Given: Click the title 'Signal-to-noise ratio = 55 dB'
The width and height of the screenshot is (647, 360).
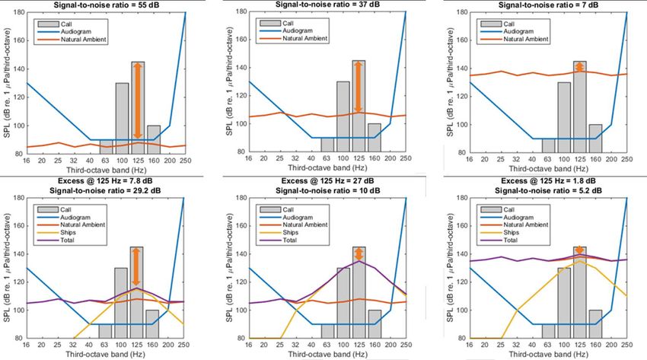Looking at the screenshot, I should [106, 5].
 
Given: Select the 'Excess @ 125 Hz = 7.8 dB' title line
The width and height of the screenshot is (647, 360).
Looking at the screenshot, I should [106, 180].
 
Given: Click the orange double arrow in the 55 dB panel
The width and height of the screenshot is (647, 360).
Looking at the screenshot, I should [138, 100].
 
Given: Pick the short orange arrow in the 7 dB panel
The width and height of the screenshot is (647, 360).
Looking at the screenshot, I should [580, 67].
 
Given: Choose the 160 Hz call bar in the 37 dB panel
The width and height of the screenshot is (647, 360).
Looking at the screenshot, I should [374, 138].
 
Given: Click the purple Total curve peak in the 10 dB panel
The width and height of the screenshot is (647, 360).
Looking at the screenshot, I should [359, 261].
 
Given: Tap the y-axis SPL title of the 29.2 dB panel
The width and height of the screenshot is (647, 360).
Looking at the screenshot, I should [6, 270].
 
